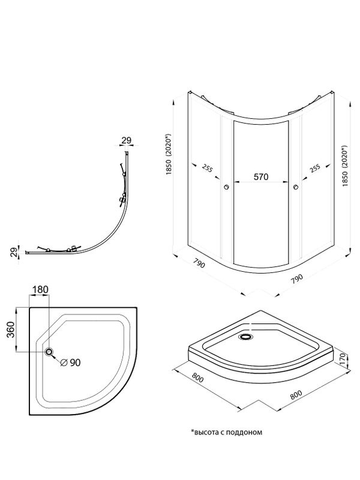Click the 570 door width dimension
point(261,176)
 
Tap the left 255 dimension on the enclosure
point(207,168)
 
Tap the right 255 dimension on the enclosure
point(314,169)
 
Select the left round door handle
point(227,187)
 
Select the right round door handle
point(296,187)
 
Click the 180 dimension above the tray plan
point(40,289)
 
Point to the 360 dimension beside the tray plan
point(11,329)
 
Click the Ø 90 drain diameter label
point(70,362)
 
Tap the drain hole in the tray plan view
point(49,352)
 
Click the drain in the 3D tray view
point(245,337)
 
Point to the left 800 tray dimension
point(198,378)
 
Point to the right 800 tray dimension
point(296,395)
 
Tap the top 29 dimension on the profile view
point(126,140)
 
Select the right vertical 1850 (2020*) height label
point(346,166)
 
